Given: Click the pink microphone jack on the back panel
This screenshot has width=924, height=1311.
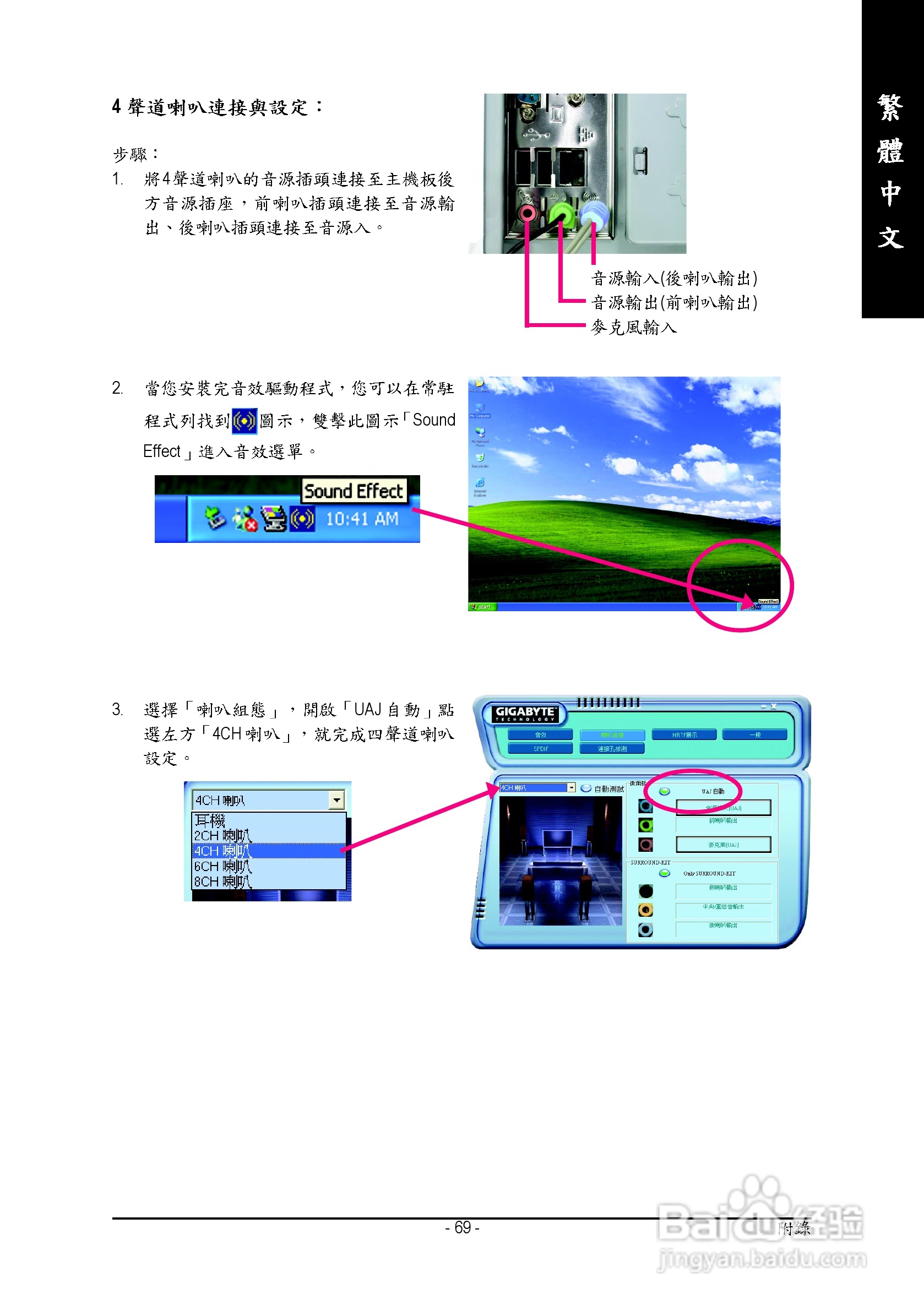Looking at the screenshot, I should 527,214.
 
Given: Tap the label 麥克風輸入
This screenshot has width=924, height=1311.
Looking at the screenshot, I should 633,327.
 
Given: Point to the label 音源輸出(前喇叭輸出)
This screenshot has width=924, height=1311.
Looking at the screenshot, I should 674,303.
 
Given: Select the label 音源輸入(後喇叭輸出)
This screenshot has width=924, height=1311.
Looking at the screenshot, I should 674,279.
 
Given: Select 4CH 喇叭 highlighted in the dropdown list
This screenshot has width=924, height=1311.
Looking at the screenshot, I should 222,851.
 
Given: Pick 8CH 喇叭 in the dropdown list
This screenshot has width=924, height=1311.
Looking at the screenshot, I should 222,882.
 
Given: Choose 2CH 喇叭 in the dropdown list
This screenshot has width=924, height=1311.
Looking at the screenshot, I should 222,835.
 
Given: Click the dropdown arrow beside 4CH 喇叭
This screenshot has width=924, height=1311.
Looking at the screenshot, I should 337,800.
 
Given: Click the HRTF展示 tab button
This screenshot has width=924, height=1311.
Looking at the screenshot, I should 684,735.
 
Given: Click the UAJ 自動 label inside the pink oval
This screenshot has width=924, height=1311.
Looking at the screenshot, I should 713,791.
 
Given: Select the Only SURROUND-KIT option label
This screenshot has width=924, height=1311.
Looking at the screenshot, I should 709,874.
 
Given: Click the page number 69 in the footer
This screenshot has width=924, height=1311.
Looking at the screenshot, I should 462,1228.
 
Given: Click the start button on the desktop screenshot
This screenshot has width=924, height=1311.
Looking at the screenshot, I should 482,607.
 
